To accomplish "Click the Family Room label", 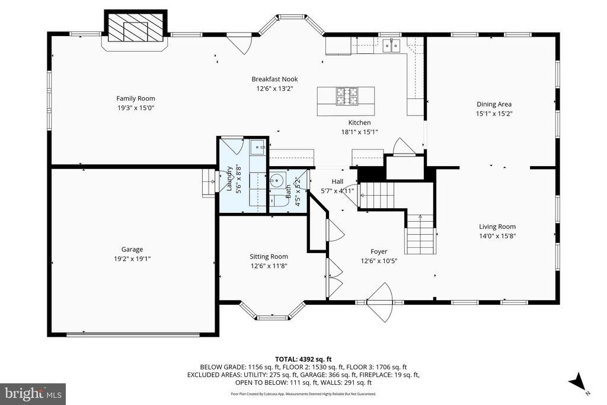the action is tap(136, 98).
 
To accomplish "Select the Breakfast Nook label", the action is tap(275, 79).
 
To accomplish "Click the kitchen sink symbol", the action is tap(392, 46).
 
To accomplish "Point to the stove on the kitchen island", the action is tap(346, 96).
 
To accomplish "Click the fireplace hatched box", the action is tap(136, 28).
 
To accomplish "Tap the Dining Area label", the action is tap(494, 104).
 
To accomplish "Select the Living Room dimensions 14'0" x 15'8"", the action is tap(497, 236).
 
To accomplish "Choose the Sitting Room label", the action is tap(269, 256).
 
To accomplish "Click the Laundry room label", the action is tap(229, 178).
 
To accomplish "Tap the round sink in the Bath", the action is tap(277, 180).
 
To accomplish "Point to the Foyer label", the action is tap(379, 251).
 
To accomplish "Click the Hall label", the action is tap(337, 181).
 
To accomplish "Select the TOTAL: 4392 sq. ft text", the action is tap(303, 359).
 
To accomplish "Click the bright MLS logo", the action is tap(33, 394).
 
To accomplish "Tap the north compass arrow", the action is tap(577, 381).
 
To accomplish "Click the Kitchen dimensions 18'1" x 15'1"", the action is tap(359, 132).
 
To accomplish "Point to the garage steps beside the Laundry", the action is tap(209, 184).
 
